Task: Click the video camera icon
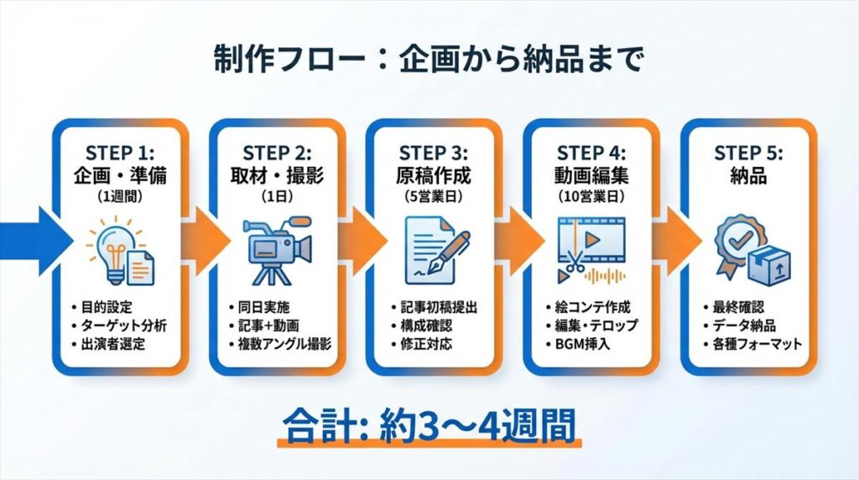click(x=277, y=248)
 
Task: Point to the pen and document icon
click(x=435, y=248)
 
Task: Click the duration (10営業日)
click(x=591, y=198)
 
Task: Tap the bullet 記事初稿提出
click(x=439, y=307)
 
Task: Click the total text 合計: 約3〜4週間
click(x=429, y=425)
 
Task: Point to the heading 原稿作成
click(x=434, y=177)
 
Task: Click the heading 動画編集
click(x=591, y=177)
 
